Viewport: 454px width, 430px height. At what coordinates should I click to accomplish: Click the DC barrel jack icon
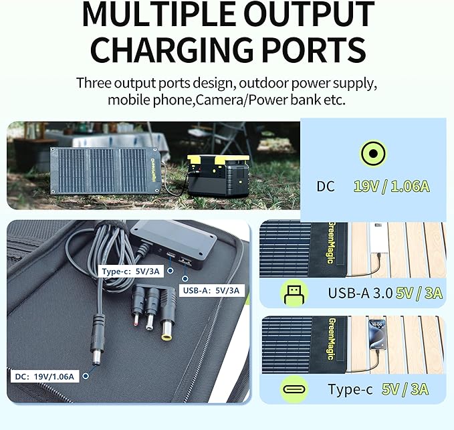pos(373,153)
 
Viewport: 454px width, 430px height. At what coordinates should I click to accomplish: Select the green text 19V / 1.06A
pos(391,186)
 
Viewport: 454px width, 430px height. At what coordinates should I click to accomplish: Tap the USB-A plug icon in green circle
pos(294,294)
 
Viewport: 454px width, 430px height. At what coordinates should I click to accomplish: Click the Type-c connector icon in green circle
pos(294,389)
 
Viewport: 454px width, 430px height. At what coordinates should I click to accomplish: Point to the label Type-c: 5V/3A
pos(130,272)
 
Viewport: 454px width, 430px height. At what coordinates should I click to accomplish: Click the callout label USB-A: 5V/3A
pos(211,290)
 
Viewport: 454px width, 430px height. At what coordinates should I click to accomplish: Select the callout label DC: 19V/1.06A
pos(45,377)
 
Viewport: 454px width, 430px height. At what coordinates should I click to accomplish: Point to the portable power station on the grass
pos(218,175)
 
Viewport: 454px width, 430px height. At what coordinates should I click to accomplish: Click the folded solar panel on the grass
pos(106,170)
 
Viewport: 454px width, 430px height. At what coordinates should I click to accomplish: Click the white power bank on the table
pos(379,238)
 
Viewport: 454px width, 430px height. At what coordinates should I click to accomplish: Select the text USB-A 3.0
pos(360,293)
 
